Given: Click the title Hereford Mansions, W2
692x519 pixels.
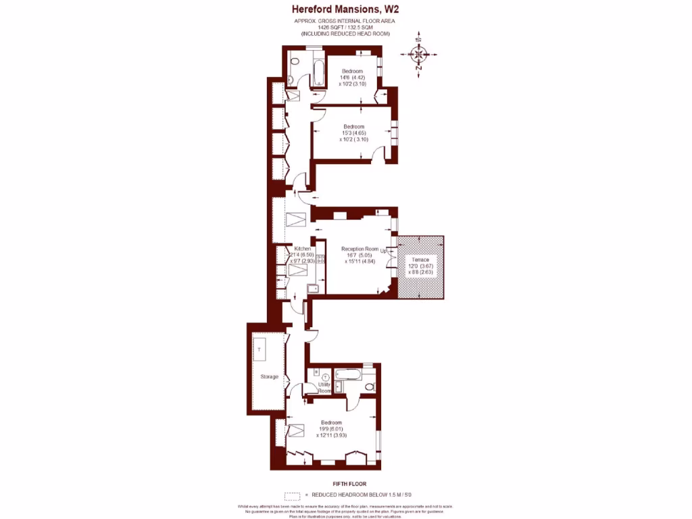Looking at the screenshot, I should coord(345,9).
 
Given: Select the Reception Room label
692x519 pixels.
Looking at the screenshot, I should coord(360,249).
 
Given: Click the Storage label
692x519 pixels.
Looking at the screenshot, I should coord(269,376).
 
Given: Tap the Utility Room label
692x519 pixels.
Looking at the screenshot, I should coord(325,387).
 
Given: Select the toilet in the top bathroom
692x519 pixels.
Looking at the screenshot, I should coord(295,61).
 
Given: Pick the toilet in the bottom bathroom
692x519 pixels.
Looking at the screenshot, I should coord(368,387).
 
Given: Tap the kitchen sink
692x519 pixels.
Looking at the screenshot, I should coord(313,289).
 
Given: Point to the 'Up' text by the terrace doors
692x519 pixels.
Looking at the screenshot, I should coord(384,251).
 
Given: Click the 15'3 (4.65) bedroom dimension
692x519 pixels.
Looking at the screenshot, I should coord(354,133).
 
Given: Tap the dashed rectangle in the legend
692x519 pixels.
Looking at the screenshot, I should coord(293,495).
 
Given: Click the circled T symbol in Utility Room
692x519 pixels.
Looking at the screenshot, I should coord(326,377).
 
